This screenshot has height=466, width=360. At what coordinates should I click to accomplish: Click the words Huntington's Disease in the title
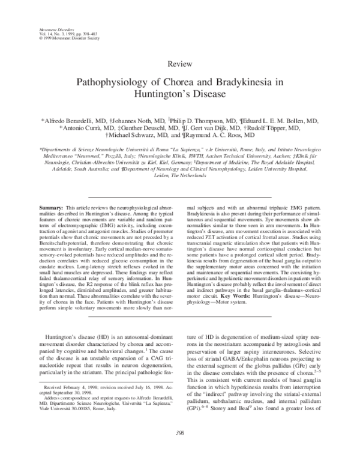179,94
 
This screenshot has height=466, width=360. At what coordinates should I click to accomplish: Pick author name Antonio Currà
84,128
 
